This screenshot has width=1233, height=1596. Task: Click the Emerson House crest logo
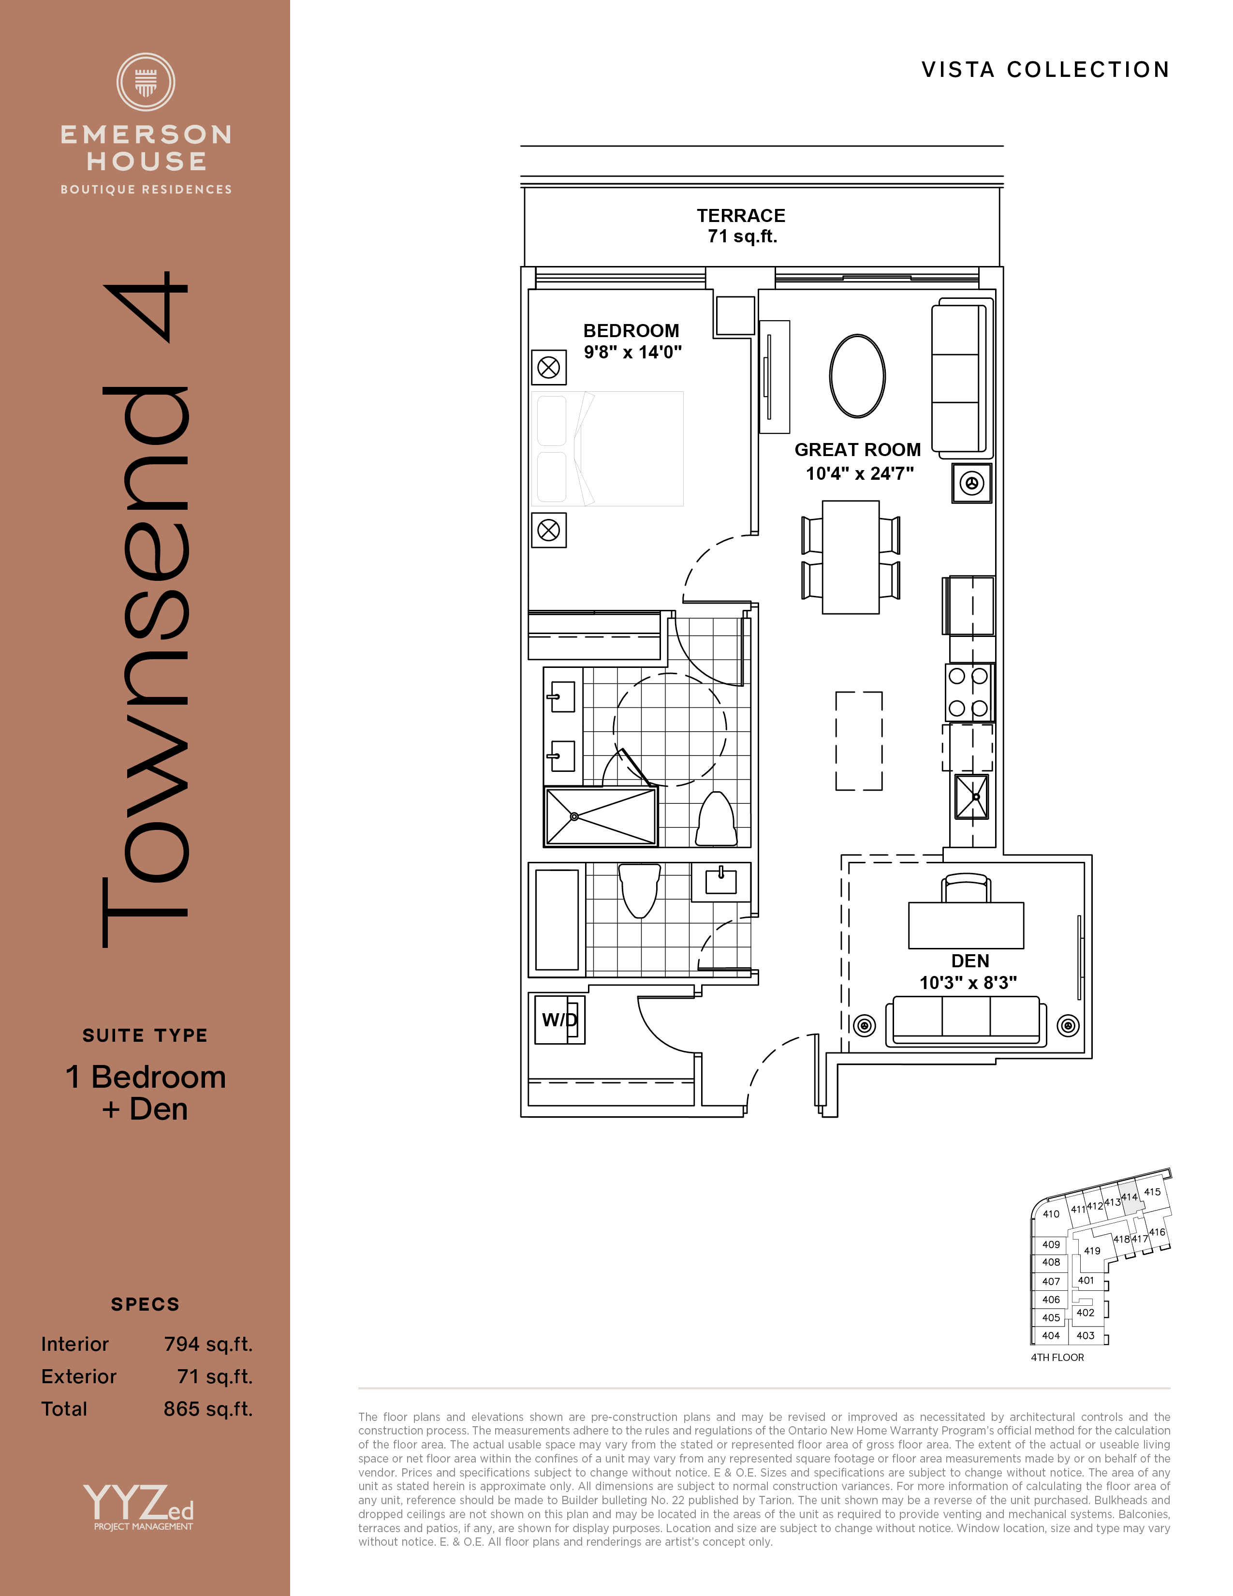pos(146,82)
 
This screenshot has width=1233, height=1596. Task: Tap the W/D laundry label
pos(559,1020)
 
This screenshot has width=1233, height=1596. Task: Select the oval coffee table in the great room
pos(858,376)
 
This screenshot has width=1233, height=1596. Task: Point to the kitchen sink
pos(971,797)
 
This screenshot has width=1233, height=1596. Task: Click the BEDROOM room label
pos(631,330)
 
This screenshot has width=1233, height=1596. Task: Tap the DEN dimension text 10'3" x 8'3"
pos(968,983)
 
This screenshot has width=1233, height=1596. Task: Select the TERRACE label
pos(741,216)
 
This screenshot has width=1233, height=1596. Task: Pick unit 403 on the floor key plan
pos(1086,1335)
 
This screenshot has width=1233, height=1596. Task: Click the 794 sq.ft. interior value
pos(208,1344)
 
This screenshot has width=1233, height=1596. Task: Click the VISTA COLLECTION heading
pos(1045,70)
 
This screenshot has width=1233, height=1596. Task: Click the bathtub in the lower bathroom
pos(557,919)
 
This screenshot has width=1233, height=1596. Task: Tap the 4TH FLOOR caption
pos(1057,1357)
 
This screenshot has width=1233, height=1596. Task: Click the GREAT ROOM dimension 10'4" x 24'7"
pos(860,473)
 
